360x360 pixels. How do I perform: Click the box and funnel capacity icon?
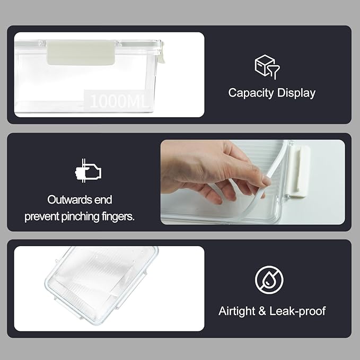tap(267, 67)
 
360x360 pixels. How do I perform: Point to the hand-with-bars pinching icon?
tap(87, 171)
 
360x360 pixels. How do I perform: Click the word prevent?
tap(42, 217)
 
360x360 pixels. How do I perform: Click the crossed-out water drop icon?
tap(269, 279)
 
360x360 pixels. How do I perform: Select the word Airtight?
tap(236, 311)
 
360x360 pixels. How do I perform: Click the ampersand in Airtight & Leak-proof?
tap(261, 311)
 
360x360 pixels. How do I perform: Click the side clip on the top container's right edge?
tap(161, 53)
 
